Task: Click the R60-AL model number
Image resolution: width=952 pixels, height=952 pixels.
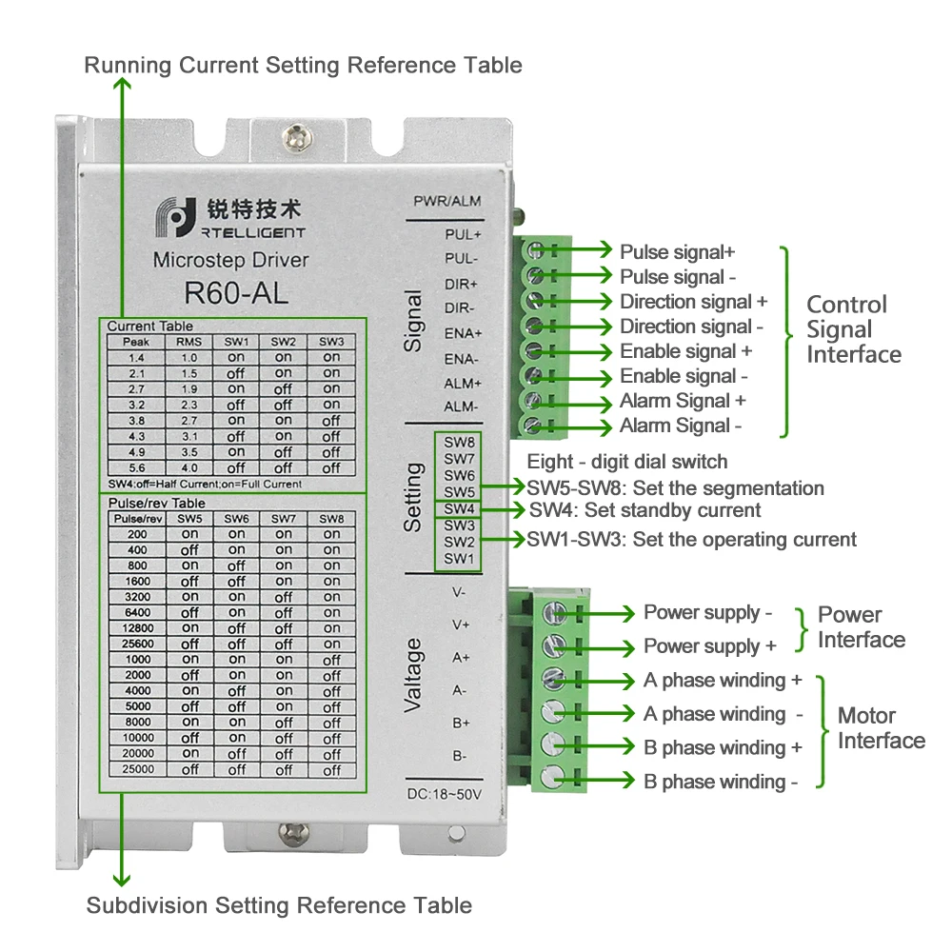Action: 235,293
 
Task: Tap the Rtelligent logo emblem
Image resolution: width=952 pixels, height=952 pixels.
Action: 176,217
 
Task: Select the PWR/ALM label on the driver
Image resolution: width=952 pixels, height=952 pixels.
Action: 446,201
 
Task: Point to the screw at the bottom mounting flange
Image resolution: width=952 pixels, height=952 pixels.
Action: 294,833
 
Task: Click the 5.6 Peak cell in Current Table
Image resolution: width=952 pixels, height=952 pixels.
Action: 136,468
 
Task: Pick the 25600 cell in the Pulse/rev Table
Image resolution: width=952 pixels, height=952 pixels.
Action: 138,644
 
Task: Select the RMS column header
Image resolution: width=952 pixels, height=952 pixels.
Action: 188,342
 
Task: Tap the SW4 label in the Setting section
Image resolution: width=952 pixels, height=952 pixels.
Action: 459,508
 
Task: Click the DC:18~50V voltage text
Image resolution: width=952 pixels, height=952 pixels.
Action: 444,794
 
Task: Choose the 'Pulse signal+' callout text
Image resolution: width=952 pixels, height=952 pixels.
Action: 677,251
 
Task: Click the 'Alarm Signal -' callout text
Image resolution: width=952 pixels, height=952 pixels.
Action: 680,426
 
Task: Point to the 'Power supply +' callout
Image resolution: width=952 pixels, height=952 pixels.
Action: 710,646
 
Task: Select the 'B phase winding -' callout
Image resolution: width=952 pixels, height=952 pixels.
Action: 721,782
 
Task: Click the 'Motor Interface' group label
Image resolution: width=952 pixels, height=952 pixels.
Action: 881,728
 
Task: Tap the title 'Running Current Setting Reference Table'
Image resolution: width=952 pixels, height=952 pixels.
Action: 303,65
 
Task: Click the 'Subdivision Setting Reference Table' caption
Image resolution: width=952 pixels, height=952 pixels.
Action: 279,905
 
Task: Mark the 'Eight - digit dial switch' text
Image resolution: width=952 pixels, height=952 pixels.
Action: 627,462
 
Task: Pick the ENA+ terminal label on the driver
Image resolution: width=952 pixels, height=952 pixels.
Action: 463,333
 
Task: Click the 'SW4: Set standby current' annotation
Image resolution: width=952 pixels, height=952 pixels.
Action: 645,510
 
